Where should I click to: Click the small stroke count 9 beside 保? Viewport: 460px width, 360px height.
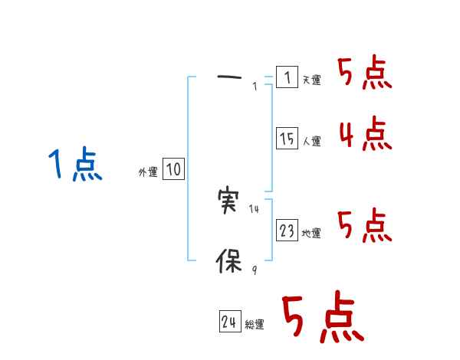click(x=255, y=270)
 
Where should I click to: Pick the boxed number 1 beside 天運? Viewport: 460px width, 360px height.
click(x=287, y=77)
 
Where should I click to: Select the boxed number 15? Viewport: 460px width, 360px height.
click(x=287, y=139)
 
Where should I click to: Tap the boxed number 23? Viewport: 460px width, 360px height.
click(x=287, y=231)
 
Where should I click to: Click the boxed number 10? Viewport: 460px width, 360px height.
click(x=173, y=169)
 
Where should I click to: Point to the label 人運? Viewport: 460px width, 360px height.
click(x=311, y=142)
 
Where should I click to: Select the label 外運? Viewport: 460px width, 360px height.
click(x=147, y=172)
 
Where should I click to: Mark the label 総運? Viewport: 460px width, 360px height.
click(x=255, y=326)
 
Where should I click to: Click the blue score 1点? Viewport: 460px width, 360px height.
click(x=74, y=165)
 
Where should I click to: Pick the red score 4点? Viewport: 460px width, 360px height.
click(x=365, y=134)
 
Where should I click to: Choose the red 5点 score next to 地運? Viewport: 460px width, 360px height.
click(x=365, y=225)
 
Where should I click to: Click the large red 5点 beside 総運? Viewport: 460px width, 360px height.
click(x=322, y=319)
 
